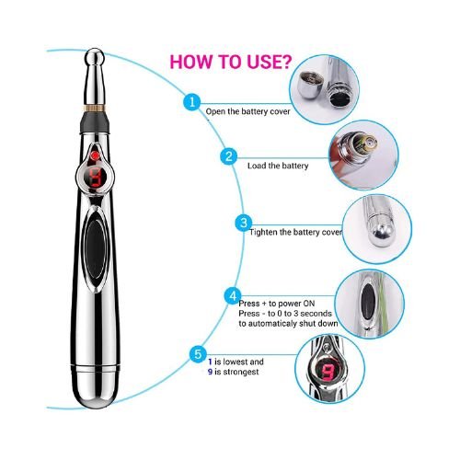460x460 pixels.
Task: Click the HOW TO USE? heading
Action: tap(231, 62)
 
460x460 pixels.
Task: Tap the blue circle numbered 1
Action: tap(192, 102)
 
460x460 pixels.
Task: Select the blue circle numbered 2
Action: tap(229, 156)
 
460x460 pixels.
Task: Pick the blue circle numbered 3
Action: tap(244, 223)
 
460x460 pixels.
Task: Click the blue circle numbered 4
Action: tap(233, 296)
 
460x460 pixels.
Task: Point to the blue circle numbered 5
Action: tap(198, 354)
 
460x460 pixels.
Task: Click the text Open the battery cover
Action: tap(247, 111)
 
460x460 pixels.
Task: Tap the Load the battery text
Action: tap(278, 166)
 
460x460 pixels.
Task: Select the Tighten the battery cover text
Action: tap(295, 232)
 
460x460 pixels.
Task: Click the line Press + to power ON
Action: tap(277, 304)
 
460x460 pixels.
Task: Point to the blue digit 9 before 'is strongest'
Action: tap(210, 372)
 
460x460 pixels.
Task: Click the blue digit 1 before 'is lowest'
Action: tap(210, 362)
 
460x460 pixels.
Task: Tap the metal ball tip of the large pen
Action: tap(95, 57)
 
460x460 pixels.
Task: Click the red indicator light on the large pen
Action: tap(96, 155)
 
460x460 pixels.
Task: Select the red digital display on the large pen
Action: tap(96, 178)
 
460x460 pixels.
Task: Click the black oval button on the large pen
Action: tap(95, 249)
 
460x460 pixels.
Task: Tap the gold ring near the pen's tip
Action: tap(95, 108)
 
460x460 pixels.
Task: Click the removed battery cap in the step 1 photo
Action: tap(310, 85)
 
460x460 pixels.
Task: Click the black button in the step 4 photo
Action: tap(368, 302)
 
